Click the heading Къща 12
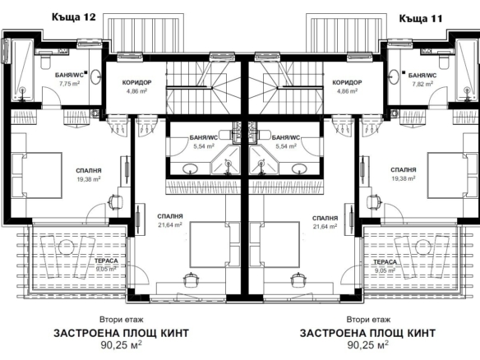point(73,16)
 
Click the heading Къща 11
point(421,19)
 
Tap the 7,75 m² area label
point(70,84)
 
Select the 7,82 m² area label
point(422,84)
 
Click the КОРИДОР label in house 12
point(136,83)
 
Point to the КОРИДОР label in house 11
point(347,83)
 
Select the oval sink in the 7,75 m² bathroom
point(96,76)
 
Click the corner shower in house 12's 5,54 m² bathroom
point(225,161)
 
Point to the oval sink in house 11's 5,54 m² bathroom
point(299,168)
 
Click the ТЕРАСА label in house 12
point(106,261)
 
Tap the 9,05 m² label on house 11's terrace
point(385,270)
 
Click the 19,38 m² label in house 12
point(89,179)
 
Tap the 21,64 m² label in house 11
point(325,226)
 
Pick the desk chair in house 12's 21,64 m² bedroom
point(191,279)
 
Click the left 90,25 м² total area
point(121,345)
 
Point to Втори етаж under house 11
point(368,320)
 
